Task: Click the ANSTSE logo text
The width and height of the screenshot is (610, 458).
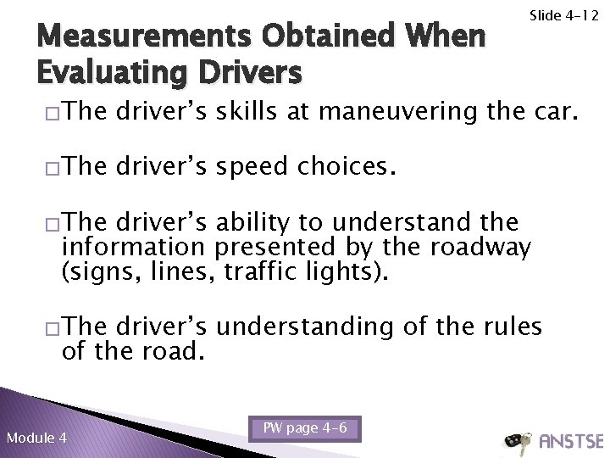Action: [570, 442]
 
